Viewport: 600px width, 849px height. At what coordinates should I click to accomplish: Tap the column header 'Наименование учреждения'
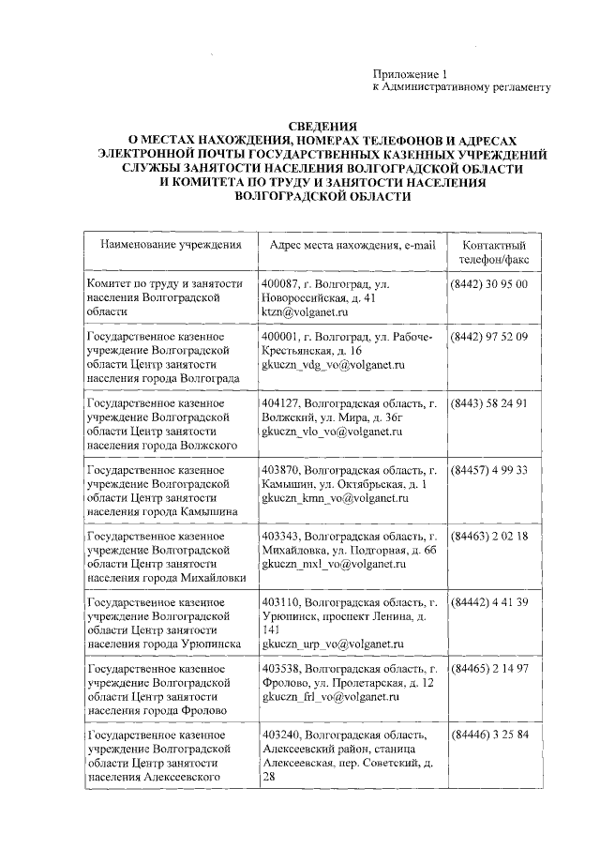(165, 245)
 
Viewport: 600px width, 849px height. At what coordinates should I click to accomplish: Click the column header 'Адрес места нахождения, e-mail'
(352, 245)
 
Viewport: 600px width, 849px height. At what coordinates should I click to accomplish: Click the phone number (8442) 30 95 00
(489, 283)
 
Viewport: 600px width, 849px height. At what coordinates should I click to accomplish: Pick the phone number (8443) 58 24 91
(489, 403)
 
